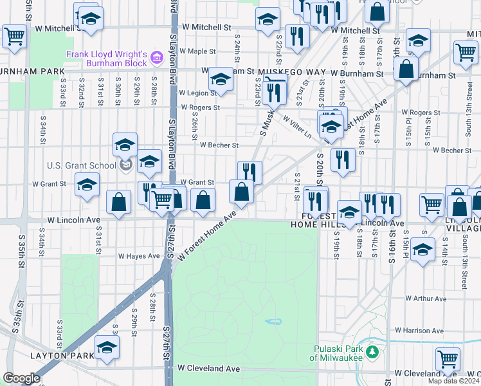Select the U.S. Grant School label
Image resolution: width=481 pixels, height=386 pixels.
[x=81, y=165]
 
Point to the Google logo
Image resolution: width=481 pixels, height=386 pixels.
[x=21, y=378]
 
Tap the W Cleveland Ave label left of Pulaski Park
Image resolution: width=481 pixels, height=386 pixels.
[x=208, y=369]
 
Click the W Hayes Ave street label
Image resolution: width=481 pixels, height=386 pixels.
[x=138, y=255]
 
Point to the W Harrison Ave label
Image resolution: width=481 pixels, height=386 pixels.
[x=420, y=331]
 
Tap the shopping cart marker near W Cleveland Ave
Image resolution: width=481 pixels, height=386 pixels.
[x=448, y=359]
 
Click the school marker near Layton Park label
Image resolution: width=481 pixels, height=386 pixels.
[x=107, y=349]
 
